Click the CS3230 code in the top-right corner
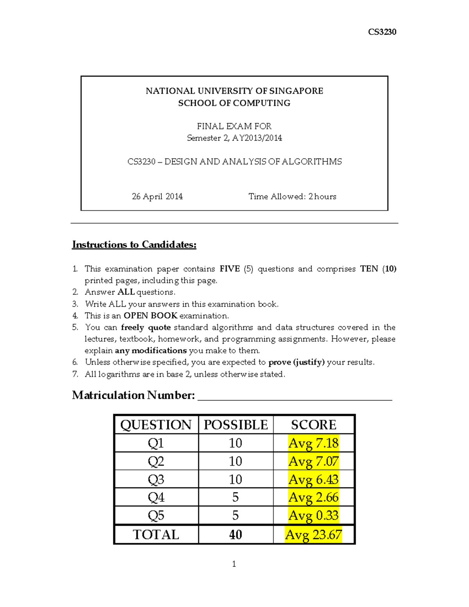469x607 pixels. [x=382, y=32]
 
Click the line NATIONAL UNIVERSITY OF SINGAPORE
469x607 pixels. [x=234, y=91]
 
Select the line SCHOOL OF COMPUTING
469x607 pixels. [x=234, y=103]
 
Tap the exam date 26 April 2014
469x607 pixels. [x=157, y=197]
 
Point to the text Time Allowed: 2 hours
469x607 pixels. [x=292, y=197]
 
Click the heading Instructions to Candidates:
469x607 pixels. [x=134, y=245]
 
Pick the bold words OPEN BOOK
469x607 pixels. [x=150, y=316]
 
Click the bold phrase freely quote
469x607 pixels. [x=146, y=328]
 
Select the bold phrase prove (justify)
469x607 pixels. [x=296, y=362]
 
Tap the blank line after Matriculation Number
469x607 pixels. [x=295, y=396]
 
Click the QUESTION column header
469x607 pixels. [x=156, y=425]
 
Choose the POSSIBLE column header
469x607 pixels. [x=236, y=425]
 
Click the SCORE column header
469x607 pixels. [x=313, y=425]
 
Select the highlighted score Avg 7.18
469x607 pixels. [x=313, y=443]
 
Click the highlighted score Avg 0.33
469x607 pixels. [x=313, y=516]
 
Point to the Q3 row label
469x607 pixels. [x=156, y=480]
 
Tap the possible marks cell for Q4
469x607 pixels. [x=235, y=498]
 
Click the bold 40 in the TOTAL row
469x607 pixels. [x=235, y=535]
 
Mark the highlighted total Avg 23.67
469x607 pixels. [x=313, y=535]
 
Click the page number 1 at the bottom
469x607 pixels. [x=234, y=564]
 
